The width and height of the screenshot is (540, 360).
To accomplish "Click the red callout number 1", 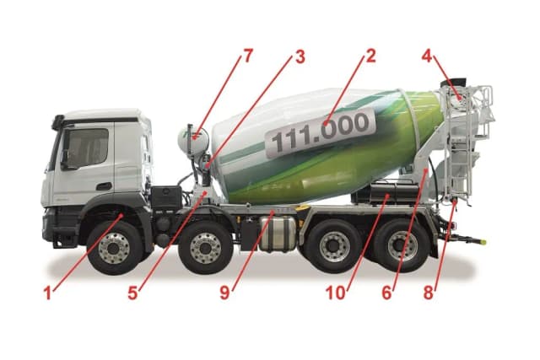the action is coord(48,293).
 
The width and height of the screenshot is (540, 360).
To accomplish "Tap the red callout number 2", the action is coord(370,56).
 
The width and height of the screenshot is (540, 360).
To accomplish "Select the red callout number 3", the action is coord(300,57).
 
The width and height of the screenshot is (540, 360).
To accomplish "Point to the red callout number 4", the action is coord(427,56).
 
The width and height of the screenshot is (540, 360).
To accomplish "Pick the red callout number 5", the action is coord(133,293).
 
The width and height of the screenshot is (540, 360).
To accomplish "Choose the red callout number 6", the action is coord(386,293).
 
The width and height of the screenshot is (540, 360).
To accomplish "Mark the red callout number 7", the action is coord(248,56).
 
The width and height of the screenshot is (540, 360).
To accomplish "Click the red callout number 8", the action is coord(428,293).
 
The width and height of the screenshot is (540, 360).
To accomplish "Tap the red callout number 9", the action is coord(224,293).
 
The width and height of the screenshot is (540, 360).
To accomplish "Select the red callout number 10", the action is coord(336,293).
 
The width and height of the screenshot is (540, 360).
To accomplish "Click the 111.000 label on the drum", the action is coord(321,132).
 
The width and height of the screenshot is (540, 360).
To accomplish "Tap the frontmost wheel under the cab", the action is coord(115,248).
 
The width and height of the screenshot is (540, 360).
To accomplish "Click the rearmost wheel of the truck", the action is coord(402,245).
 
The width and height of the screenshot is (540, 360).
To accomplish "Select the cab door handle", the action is coord(104,186).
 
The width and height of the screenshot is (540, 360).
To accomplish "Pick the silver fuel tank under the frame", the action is coord(278,233).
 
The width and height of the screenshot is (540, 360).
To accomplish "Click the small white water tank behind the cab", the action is coord(193,142).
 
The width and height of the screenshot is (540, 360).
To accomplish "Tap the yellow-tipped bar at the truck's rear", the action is coord(468,239).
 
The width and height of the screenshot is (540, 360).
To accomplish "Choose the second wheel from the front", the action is coord(206,248).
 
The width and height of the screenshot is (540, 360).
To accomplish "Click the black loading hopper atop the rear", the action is coord(453,83).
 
